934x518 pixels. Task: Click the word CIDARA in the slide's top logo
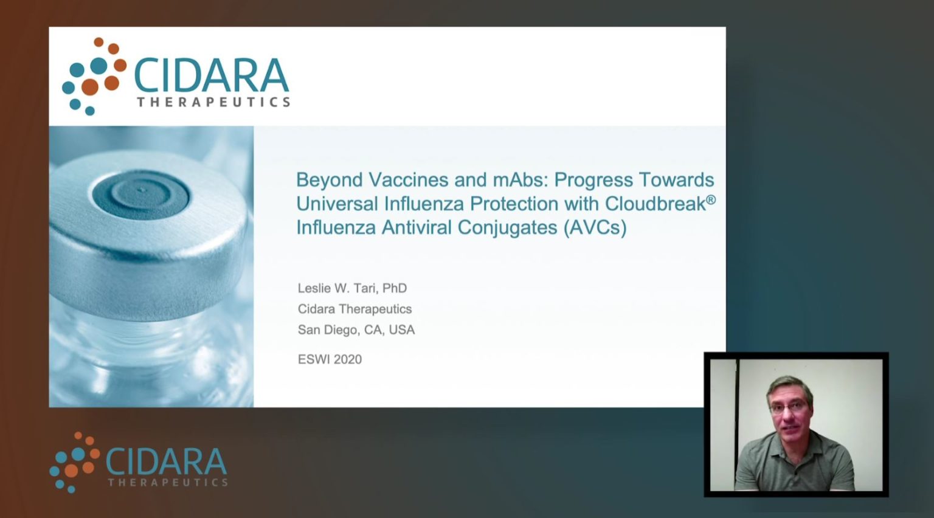click(x=210, y=75)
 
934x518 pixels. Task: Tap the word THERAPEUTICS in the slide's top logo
click(x=213, y=102)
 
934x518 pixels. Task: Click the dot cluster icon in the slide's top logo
click(x=93, y=77)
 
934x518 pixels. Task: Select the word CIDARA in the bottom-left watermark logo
click(x=166, y=462)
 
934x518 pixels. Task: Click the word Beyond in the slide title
click(x=329, y=180)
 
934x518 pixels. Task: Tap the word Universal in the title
click(x=334, y=204)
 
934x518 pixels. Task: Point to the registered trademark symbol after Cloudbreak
click(x=711, y=199)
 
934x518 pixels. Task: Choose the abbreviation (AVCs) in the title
click(x=594, y=227)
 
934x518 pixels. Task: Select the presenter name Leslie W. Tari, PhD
click(x=352, y=288)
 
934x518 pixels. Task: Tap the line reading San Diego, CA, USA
click(x=356, y=330)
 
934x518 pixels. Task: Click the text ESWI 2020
click(x=330, y=359)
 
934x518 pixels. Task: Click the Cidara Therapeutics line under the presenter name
click(x=355, y=309)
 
